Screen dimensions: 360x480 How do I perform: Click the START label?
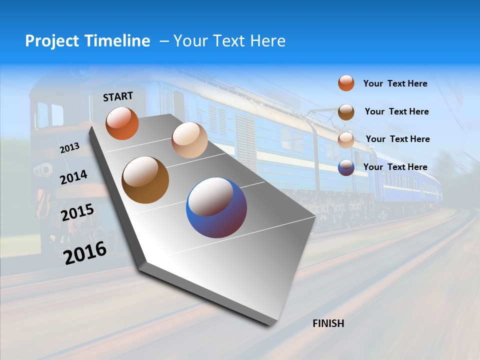point(118,96)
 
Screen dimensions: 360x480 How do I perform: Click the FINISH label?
point(328,323)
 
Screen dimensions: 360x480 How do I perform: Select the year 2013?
point(69,148)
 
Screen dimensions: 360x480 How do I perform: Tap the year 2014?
point(73,177)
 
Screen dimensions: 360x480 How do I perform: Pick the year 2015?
point(77,212)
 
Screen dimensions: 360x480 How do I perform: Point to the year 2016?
point(85,252)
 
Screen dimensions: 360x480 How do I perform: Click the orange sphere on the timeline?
point(122,123)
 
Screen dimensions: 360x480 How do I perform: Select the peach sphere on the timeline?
point(189,140)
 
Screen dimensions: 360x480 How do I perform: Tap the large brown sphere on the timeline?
point(145,180)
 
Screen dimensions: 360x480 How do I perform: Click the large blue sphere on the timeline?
point(216,207)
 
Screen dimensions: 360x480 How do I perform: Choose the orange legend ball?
point(346,83)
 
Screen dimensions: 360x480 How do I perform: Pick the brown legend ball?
point(346,111)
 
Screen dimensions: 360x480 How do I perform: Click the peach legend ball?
point(346,139)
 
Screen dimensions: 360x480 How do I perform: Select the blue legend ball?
point(346,167)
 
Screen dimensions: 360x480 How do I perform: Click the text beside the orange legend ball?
point(395,83)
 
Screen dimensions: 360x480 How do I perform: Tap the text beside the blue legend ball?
point(395,167)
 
